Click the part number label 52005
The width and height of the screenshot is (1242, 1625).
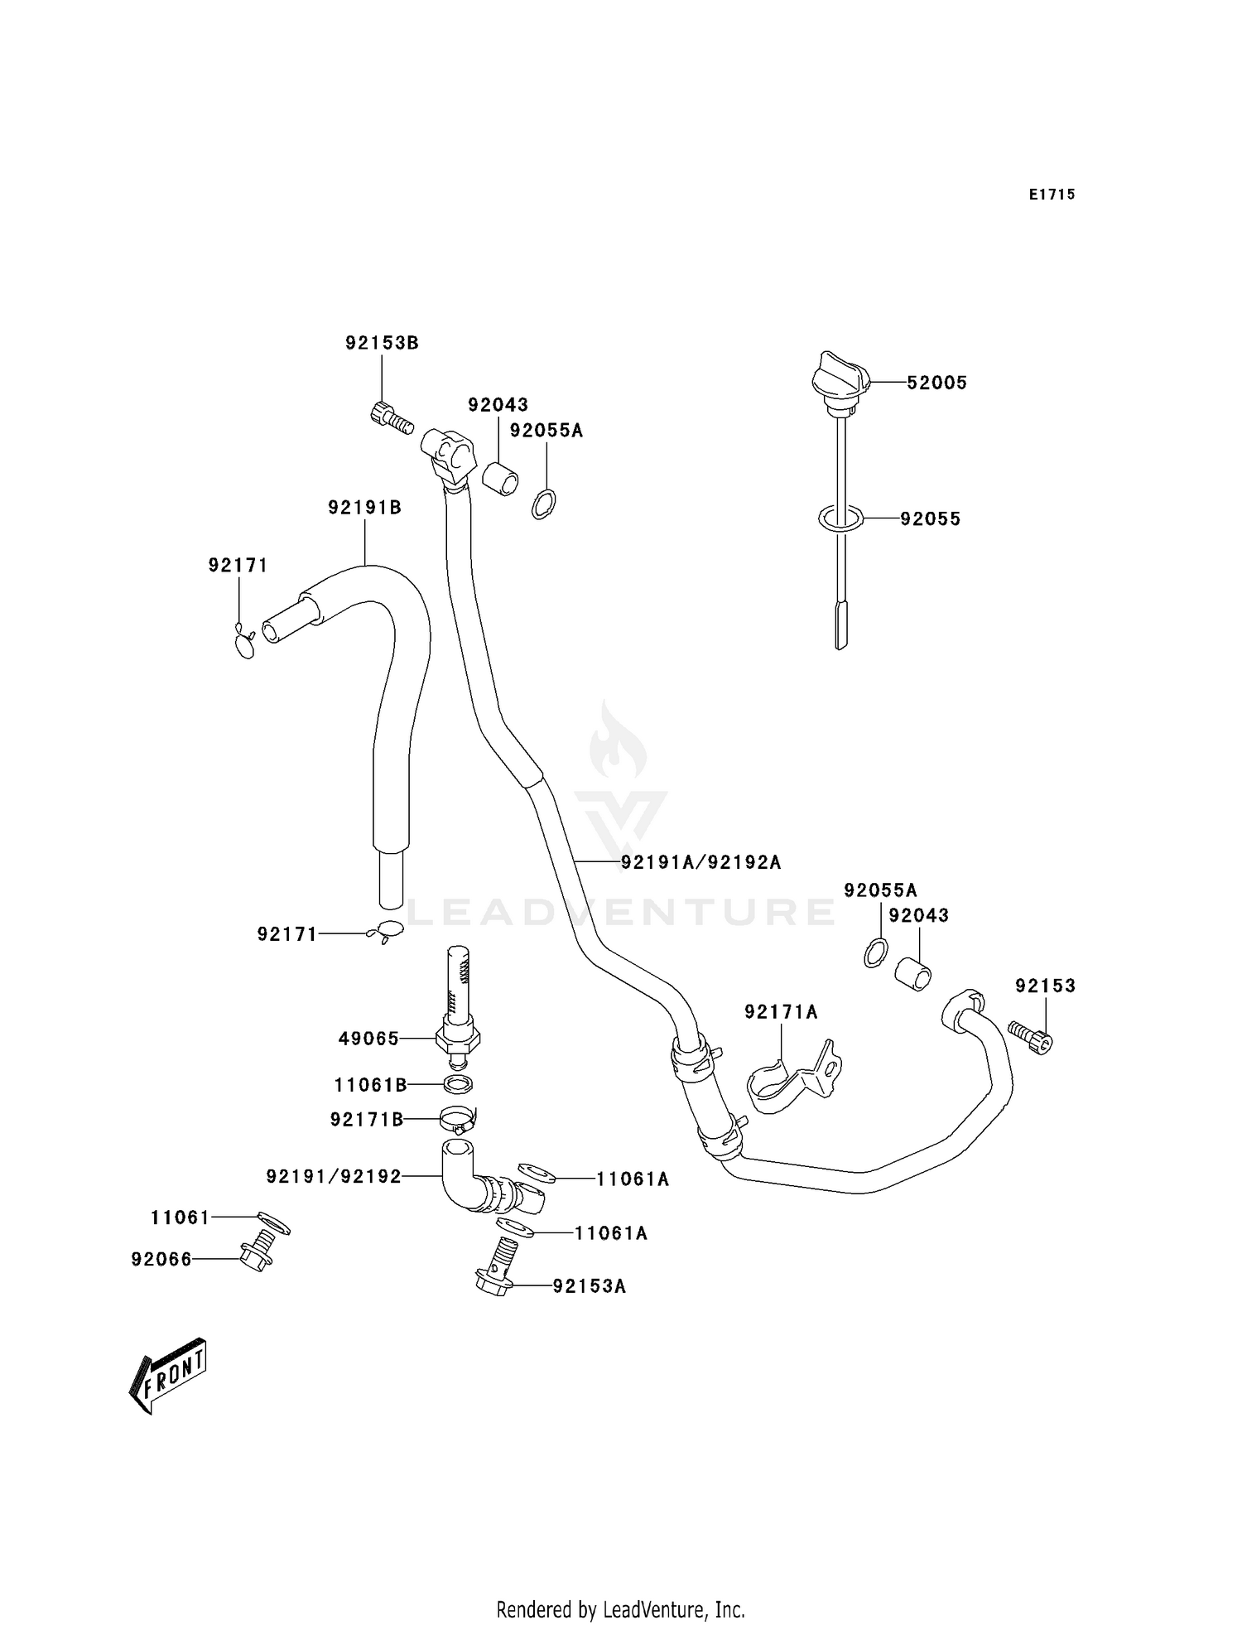click(936, 383)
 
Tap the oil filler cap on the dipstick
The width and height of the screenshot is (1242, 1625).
click(840, 379)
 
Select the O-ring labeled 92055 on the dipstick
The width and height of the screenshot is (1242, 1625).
click(840, 519)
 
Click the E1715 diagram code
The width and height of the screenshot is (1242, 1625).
click(1052, 195)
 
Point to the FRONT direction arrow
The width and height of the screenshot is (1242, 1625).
click(168, 1374)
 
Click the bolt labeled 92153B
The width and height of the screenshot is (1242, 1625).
click(391, 417)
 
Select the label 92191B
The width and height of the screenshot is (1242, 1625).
click(364, 508)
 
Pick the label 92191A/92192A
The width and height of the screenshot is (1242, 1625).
click(700, 862)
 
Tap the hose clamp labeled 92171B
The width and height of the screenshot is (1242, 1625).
click(457, 1120)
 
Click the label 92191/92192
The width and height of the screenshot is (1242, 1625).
click(334, 1176)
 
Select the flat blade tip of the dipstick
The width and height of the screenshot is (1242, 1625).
click(841, 625)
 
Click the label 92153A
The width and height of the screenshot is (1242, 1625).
click(589, 1286)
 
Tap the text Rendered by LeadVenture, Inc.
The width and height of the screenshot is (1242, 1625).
click(620, 1609)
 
